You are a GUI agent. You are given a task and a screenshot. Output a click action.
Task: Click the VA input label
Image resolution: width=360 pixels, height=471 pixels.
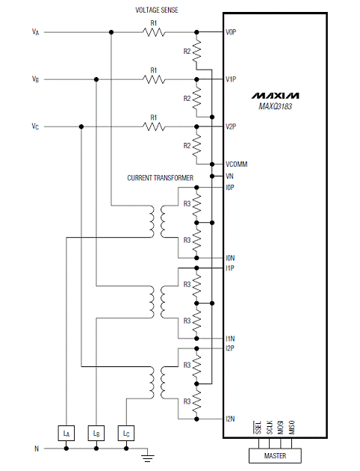35,32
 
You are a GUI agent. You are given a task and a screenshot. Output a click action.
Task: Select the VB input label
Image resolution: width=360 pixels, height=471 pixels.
35,79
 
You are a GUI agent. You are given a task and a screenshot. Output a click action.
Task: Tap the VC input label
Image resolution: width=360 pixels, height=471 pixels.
35,126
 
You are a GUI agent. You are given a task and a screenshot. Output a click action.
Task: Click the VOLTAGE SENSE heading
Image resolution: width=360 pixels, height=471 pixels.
157,10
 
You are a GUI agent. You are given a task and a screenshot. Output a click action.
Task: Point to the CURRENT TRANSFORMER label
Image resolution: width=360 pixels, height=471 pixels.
160,178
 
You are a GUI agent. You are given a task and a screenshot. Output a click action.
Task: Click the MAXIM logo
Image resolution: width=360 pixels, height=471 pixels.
275,96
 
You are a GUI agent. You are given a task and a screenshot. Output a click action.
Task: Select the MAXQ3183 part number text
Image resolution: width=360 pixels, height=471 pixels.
275,106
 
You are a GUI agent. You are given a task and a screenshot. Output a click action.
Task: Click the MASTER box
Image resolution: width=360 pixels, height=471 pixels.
275,456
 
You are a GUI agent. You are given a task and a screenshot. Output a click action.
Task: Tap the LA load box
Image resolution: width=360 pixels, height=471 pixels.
66,433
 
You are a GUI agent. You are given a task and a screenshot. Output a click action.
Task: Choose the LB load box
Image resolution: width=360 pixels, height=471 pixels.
96,433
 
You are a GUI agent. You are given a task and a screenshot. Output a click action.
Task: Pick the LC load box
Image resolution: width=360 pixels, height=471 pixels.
126,433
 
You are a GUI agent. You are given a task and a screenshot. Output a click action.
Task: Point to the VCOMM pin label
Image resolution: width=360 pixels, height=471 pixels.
237,164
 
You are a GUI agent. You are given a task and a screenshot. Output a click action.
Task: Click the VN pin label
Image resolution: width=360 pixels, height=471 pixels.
229,176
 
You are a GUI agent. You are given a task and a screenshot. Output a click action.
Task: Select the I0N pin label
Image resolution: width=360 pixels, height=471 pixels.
230,258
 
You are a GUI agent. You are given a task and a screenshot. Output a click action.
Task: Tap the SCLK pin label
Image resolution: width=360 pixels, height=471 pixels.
270,427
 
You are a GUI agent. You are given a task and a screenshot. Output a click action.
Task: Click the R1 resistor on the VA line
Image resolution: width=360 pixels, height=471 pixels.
154,32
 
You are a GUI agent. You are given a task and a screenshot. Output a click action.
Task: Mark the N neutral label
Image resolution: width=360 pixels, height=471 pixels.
37,449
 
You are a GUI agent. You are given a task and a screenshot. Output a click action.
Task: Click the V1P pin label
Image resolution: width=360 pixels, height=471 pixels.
231,79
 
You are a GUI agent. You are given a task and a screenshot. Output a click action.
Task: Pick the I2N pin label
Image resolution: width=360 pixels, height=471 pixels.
230,419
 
